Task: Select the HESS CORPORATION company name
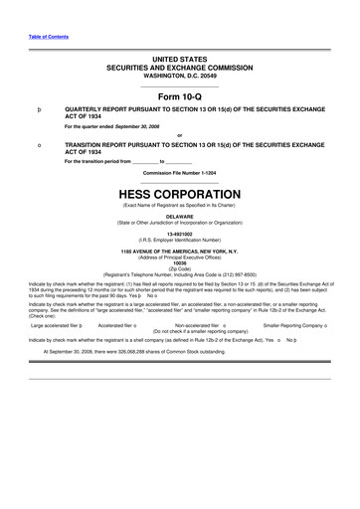point(180,194)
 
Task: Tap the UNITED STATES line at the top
point(180,61)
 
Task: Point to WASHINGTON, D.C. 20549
point(180,77)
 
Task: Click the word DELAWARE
point(180,216)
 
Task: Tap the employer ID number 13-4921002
point(180,234)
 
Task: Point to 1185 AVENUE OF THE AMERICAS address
point(180,252)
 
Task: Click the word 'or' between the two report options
point(180,136)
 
